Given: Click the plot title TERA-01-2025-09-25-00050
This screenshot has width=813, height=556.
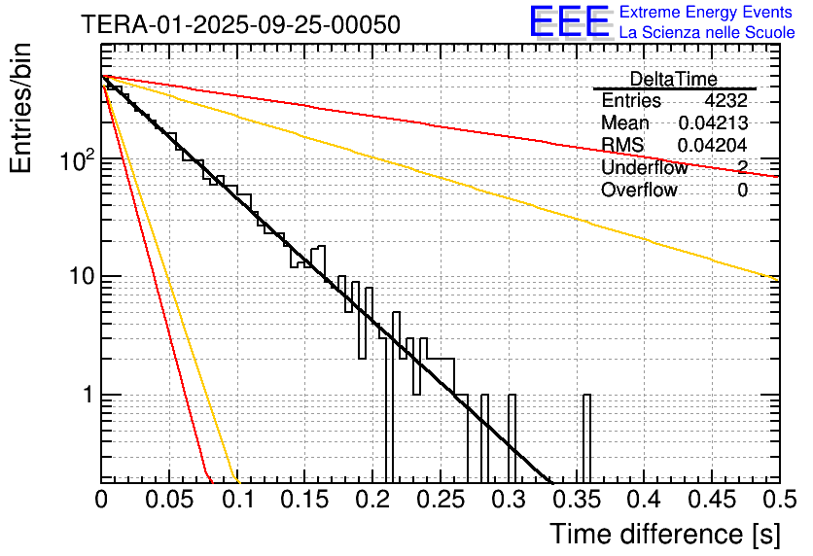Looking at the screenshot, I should tap(240, 25).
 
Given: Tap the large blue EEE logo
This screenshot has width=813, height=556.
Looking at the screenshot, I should tap(569, 23).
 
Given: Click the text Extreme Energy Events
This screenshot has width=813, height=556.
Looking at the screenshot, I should tap(706, 13).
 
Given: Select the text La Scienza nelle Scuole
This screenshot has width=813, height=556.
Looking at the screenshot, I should tap(706, 33).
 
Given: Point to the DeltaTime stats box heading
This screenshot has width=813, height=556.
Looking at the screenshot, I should tap(673, 79).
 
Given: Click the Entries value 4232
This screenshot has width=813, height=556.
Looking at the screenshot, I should tap(725, 101).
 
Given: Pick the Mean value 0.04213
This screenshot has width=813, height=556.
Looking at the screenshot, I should tap(712, 123).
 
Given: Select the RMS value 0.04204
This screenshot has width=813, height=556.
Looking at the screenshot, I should tap(712, 146).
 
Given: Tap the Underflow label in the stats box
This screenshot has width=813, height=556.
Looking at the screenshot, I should tap(644, 168).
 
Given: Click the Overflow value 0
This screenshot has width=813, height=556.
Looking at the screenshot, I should tap(742, 191).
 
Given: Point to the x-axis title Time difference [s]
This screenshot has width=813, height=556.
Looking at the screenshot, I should tap(665, 534).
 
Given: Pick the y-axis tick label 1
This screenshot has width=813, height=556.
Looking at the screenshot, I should tap(86, 397).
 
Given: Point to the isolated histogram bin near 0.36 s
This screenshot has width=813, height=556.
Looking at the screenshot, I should tap(586, 437).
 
